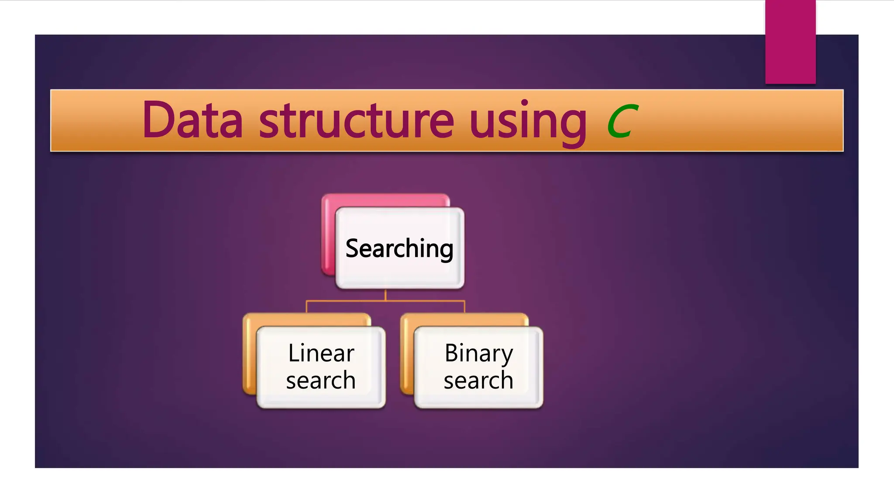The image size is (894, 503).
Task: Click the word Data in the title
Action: pyautogui.click(x=192, y=120)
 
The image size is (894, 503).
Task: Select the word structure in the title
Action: pyautogui.click(x=356, y=120)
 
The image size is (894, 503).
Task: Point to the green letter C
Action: pyautogui.click(x=622, y=121)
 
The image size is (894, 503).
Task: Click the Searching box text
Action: pyautogui.click(x=399, y=248)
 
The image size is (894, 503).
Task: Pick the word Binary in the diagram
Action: pyautogui.click(x=478, y=354)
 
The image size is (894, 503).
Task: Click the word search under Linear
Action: pyautogui.click(x=321, y=380)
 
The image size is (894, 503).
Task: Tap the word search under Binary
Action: pyautogui.click(x=478, y=380)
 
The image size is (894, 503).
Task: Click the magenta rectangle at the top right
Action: pyautogui.click(x=790, y=41)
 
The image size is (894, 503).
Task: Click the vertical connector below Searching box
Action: pyautogui.click(x=385, y=295)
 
